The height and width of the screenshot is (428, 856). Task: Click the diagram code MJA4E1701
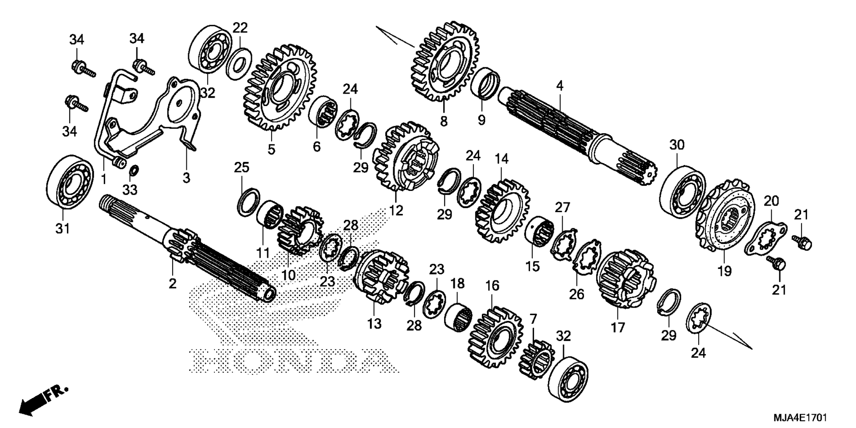(800, 418)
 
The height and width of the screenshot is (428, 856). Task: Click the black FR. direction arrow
(43, 399)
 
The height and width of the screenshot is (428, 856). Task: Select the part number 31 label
(62, 229)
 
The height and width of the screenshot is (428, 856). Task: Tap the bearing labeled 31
(70, 181)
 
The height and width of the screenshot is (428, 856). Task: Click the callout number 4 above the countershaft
(560, 86)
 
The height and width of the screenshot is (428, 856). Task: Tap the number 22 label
(240, 28)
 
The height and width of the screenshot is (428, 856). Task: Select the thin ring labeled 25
(248, 202)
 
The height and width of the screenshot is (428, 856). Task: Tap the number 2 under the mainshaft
(172, 283)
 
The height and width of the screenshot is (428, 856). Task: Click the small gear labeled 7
(536, 360)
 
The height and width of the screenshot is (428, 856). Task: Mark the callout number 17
(618, 328)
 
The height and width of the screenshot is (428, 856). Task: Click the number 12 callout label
(396, 210)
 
